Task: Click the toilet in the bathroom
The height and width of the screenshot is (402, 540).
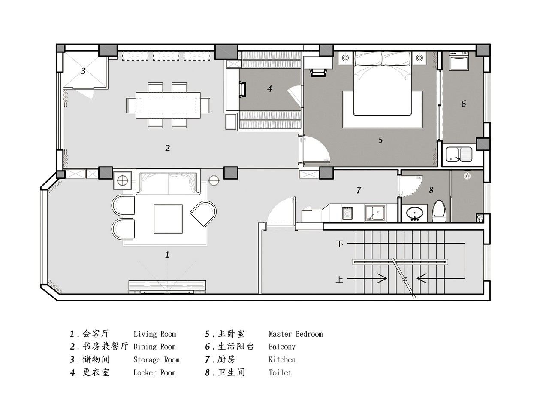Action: pyautogui.click(x=439, y=211)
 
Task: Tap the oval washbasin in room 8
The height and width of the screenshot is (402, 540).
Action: pyautogui.click(x=414, y=213)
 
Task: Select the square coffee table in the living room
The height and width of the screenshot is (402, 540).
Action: pyautogui.click(x=168, y=219)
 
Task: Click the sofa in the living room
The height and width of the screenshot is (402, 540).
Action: pyautogui.click(x=168, y=183)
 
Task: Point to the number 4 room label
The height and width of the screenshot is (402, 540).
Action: pyautogui.click(x=269, y=88)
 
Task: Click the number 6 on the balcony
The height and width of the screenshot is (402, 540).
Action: pyautogui.click(x=463, y=104)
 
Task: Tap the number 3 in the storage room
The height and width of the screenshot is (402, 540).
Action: pyautogui.click(x=84, y=71)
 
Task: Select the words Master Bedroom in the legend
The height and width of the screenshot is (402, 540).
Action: pyautogui.click(x=296, y=334)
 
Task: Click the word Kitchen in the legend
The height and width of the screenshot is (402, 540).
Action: pyautogui.click(x=282, y=359)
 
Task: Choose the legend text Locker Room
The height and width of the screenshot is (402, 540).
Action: pyautogui.click(x=154, y=372)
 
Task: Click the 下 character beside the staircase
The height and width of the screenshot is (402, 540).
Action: pyautogui.click(x=340, y=244)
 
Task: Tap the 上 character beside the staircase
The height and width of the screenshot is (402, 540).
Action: pyautogui.click(x=339, y=279)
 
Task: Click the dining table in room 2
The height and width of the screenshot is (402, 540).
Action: pyautogui.click(x=168, y=105)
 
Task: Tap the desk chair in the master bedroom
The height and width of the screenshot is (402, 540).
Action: pyautogui.click(x=318, y=73)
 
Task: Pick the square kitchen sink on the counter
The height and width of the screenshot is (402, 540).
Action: pyautogui.click(x=375, y=213)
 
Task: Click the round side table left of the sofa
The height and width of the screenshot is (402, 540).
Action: pyautogui.click(x=122, y=181)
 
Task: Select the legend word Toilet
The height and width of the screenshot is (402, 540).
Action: pyautogui.click(x=280, y=372)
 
